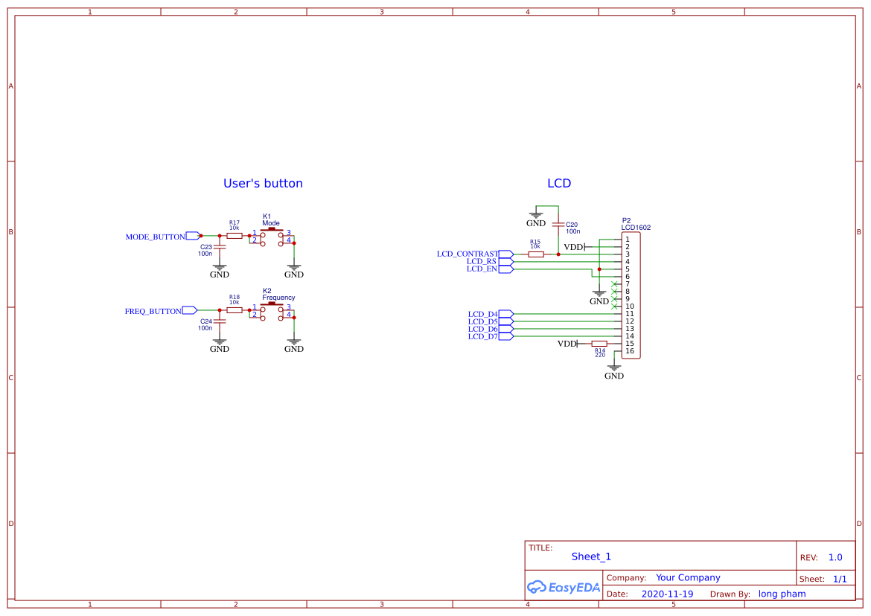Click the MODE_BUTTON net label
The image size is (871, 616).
pyautogui.click(x=155, y=237)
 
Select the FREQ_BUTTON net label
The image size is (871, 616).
pyautogui.click(x=153, y=311)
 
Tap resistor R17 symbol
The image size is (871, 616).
pyautogui.click(x=234, y=236)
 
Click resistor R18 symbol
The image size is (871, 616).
pyautogui.click(x=234, y=310)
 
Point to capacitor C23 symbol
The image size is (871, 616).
pyautogui.click(x=220, y=247)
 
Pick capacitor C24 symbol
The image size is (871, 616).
pyautogui.click(x=220, y=321)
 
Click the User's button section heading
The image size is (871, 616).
pyautogui.click(x=263, y=183)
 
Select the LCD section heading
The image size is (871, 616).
pyautogui.click(x=559, y=183)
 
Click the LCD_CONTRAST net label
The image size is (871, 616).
pyautogui.click(x=467, y=254)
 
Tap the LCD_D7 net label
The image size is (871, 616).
pyautogui.click(x=482, y=336)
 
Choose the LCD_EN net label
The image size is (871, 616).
pyautogui.click(x=482, y=269)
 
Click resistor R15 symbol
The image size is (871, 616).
pyautogui.click(x=535, y=254)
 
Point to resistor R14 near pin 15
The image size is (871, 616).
pyautogui.click(x=599, y=344)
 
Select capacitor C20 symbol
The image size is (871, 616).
pyautogui.click(x=558, y=224)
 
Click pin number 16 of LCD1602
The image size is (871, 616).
pyautogui.click(x=630, y=351)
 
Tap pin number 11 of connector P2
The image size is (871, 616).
pyautogui.click(x=630, y=314)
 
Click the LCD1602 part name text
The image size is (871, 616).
pyautogui.click(x=636, y=228)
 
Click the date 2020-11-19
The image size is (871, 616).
pyautogui.click(x=667, y=594)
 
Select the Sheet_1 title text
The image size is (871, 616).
pyautogui.click(x=591, y=556)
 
